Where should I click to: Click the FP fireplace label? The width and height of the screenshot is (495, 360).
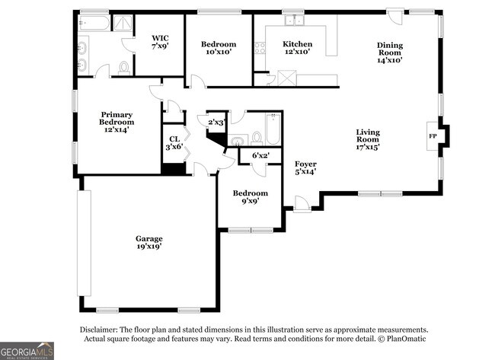(433, 136)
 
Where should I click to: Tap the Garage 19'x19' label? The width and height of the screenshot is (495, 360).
(149, 242)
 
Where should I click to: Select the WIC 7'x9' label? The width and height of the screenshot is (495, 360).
(160, 42)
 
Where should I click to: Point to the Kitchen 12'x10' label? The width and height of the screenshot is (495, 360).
(297, 48)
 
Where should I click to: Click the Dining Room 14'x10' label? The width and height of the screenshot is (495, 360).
(390, 53)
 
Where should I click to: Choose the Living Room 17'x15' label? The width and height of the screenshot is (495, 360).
(368, 139)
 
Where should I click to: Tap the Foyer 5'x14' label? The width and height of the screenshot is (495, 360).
(305, 168)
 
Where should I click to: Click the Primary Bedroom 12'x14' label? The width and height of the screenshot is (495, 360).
(117, 122)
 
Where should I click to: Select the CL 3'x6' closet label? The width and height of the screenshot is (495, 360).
(174, 143)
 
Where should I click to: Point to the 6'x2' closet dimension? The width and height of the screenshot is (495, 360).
(260, 155)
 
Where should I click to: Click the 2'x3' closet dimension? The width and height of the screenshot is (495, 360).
(216, 122)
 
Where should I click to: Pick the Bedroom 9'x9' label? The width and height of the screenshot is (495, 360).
(251, 197)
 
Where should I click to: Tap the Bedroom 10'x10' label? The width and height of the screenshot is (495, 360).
(219, 48)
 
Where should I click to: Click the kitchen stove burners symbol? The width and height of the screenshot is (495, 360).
(260, 48)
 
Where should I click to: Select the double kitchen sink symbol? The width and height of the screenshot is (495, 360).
(294, 20)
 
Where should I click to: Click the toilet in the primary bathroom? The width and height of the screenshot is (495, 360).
(124, 68)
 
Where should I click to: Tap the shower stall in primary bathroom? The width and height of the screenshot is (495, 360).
(123, 23)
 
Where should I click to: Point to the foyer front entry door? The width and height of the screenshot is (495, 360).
(302, 204)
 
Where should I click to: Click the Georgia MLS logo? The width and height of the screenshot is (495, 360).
(27, 351)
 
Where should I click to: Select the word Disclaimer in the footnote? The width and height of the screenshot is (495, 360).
(98, 330)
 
